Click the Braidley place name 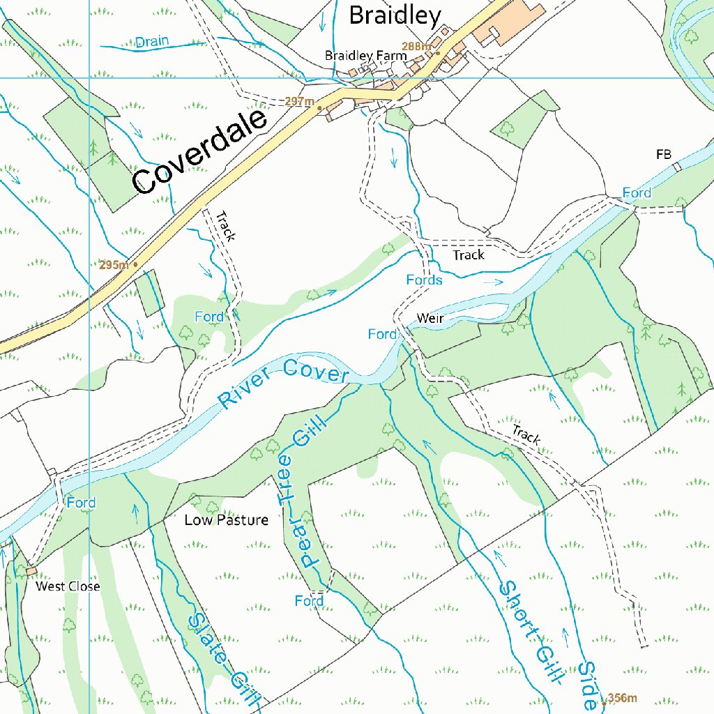395,15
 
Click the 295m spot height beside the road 114,265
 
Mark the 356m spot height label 622,698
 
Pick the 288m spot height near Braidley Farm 417,47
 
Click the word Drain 152,42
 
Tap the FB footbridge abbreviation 664,154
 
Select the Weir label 430,319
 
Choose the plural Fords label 424,280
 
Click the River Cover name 282,386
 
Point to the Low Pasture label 226,520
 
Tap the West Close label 68,586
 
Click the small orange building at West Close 31,571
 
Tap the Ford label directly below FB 637,193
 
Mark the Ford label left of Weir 382,335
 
